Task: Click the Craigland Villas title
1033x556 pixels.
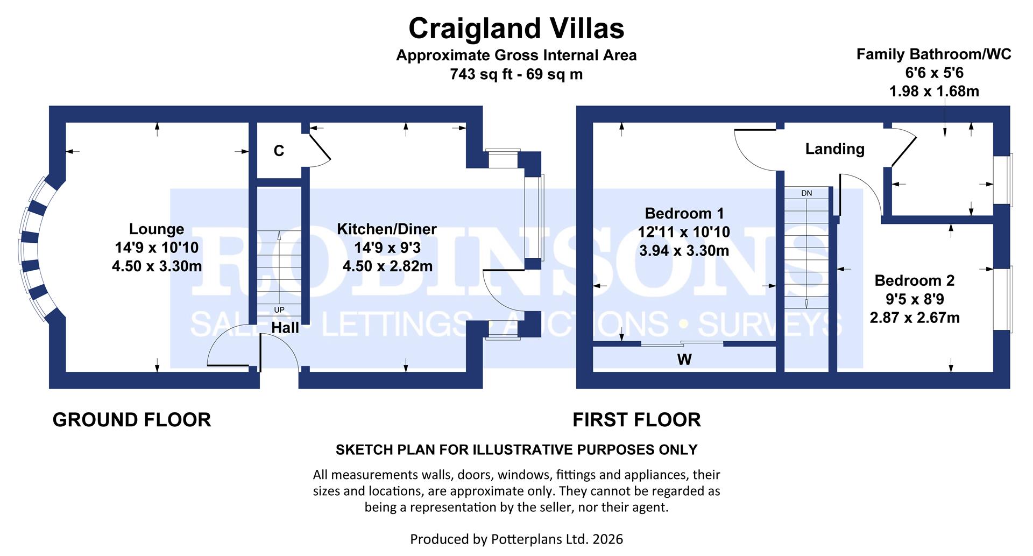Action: (x=516, y=29)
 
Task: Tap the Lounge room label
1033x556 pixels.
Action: (x=157, y=229)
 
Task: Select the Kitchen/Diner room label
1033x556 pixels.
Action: (x=387, y=229)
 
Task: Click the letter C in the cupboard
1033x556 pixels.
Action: (x=279, y=151)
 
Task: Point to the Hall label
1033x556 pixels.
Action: (x=285, y=327)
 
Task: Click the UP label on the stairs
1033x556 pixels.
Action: (x=279, y=310)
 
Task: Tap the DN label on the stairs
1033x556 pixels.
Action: (x=806, y=193)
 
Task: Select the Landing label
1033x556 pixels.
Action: (x=834, y=149)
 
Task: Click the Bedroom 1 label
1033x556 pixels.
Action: (x=684, y=214)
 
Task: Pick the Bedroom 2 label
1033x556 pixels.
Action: (x=914, y=280)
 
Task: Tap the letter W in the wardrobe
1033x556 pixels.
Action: (x=684, y=360)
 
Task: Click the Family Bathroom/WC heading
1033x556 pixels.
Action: (x=933, y=54)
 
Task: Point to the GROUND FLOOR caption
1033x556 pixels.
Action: (x=132, y=420)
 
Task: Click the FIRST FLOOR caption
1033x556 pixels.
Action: (x=636, y=420)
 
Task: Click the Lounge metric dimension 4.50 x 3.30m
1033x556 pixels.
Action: (x=157, y=266)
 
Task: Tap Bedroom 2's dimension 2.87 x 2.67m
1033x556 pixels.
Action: (x=914, y=318)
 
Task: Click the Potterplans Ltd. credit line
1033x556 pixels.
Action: (x=516, y=539)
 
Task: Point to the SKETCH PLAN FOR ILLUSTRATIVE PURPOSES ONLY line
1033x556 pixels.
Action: (x=516, y=449)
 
